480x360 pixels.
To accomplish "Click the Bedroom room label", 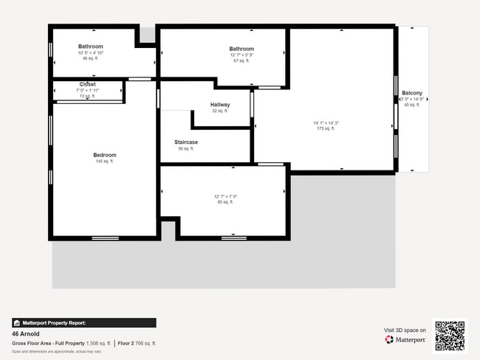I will tap(104, 155).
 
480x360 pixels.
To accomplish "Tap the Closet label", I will tap(87, 84).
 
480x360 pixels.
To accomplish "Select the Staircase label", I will tap(185, 142).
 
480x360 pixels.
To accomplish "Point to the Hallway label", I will tap(220, 105).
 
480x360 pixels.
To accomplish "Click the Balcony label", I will tap(411, 93).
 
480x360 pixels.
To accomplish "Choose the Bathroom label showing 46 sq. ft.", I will tap(90, 46).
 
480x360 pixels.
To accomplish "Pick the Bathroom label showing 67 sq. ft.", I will tap(241, 49).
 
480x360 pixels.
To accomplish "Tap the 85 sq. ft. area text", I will tap(225, 202).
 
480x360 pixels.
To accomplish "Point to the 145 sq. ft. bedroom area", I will tap(104, 162).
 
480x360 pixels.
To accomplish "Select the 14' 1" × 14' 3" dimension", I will tap(325, 122).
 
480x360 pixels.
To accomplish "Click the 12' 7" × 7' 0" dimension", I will tap(225, 196).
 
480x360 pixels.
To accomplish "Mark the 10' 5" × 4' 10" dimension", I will tap(90, 52).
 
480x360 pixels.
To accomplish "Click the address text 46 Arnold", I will tap(25, 334).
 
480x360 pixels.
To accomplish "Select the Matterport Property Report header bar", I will tap(84, 322).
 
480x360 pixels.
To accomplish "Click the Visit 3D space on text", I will tap(405, 330).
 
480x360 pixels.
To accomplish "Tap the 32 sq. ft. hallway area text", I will tap(220, 111).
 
